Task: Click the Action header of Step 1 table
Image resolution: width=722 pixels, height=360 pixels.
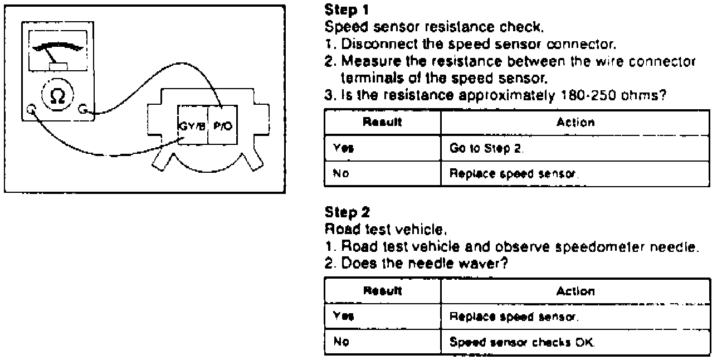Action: tap(575, 122)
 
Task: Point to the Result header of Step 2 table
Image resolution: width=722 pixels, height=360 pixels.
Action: tap(382, 290)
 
